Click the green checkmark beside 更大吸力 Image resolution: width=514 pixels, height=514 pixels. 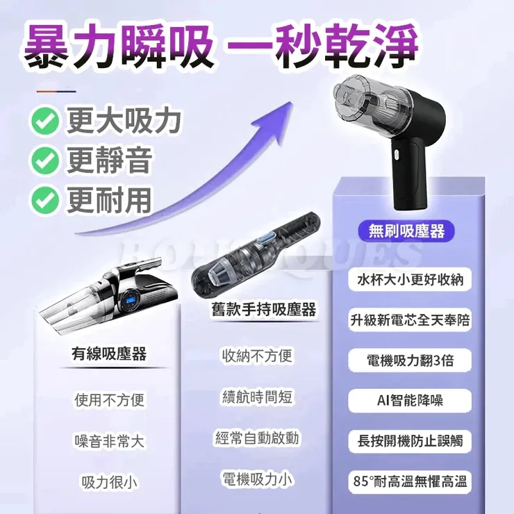[x=45, y=122]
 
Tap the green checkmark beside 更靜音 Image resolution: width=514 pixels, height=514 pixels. [x=45, y=161]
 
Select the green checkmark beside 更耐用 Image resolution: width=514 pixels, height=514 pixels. [x=45, y=200]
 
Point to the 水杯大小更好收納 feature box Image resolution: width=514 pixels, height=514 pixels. [x=410, y=280]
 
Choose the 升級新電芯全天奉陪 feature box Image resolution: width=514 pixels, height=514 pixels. [x=410, y=320]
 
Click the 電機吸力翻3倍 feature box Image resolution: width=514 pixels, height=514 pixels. [x=410, y=360]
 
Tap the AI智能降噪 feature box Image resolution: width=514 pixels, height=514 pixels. [x=410, y=401]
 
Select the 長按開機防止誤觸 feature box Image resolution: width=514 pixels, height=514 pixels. [x=410, y=441]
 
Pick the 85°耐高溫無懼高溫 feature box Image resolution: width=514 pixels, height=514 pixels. [x=410, y=481]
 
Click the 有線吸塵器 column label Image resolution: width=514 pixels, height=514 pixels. [x=109, y=354]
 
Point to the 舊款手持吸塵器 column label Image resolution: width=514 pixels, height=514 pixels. [x=263, y=309]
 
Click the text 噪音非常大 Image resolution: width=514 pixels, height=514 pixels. [x=109, y=440]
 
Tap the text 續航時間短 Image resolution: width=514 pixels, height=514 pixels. [x=257, y=397]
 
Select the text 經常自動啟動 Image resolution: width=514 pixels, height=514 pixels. [x=257, y=438]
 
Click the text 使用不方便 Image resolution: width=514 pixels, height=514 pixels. [x=109, y=400]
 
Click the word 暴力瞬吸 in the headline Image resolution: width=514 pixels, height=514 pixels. [x=119, y=47]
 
